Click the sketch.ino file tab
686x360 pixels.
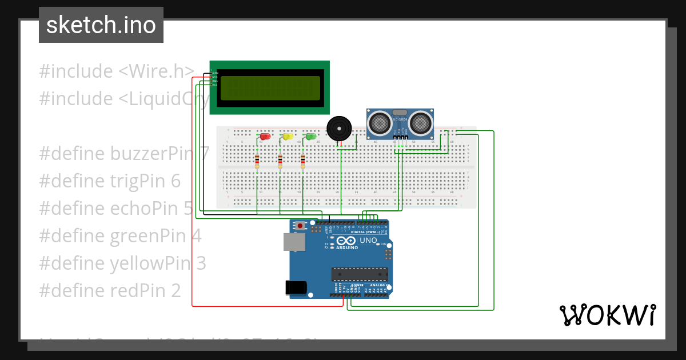(x=101, y=25)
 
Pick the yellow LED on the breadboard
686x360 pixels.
(x=288, y=137)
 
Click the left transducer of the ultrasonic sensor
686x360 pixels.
(x=378, y=122)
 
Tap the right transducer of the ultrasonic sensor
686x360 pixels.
(x=420, y=122)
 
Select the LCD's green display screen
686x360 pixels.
(x=270, y=88)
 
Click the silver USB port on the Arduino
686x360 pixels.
(x=295, y=242)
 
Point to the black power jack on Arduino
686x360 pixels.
(x=296, y=286)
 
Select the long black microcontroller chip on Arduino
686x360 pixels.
(x=360, y=274)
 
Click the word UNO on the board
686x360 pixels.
(x=368, y=241)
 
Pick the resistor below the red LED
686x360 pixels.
(x=257, y=161)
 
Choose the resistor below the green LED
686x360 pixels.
(x=302, y=161)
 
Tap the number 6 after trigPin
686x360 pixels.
(x=176, y=181)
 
